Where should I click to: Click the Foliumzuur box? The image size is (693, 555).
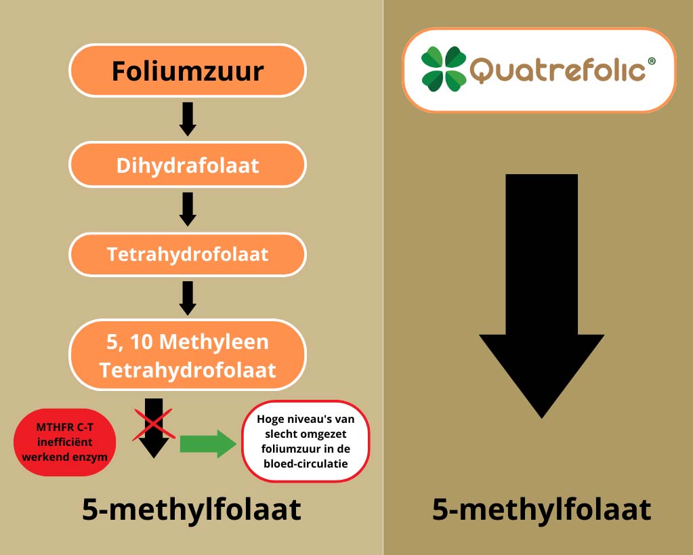(x=188, y=70)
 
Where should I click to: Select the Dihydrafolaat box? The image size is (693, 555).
(x=188, y=165)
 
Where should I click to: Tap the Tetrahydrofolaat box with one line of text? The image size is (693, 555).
(x=188, y=254)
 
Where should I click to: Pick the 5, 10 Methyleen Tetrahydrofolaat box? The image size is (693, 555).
(x=188, y=354)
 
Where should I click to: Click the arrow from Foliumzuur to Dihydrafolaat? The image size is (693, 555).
(x=188, y=119)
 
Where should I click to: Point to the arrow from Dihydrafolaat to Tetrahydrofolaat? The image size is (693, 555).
(x=188, y=209)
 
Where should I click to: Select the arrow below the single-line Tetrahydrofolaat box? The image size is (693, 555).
(x=188, y=298)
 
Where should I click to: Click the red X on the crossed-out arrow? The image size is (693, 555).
(x=153, y=424)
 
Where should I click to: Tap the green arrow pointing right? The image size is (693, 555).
(x=208, y=444)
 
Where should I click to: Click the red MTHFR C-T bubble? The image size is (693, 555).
(x=65, y=443)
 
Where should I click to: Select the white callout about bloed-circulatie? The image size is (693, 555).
(x=306, y=441)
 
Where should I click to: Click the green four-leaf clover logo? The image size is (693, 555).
(x=443, y=69)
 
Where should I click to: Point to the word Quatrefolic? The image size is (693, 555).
(x=558, y=70)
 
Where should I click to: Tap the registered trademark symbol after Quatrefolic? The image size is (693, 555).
(x=652, y=62)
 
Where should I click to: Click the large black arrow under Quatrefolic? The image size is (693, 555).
(x=541, y=296)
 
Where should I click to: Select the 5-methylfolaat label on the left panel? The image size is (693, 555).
(x=191, y=510)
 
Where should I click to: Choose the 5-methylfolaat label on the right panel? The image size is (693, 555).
(x=541, y=510)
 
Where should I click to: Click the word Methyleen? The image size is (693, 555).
(x=213, y=342)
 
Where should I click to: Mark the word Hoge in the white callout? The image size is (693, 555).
(x=270, y=419)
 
